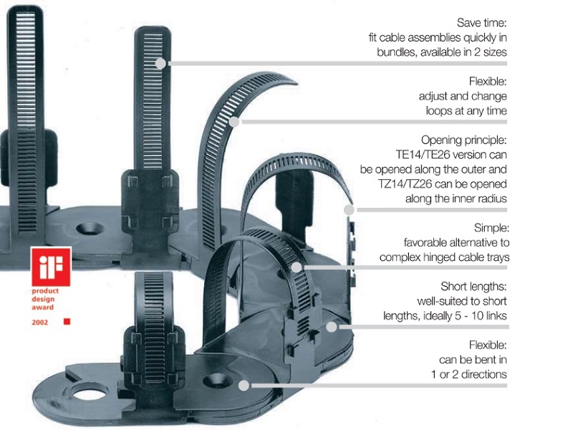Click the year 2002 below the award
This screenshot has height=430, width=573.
pos(40,322)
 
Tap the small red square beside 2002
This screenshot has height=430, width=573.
pos(67,322)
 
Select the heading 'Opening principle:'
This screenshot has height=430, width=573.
pos(463,140)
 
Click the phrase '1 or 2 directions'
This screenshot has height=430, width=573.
pos(469,374)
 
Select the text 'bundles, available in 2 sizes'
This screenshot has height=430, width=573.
pos(442,52)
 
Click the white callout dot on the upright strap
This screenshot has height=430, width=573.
pos(160,63)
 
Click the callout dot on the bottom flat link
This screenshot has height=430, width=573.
pos(244,385)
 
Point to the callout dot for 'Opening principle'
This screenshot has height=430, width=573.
pos(349,210)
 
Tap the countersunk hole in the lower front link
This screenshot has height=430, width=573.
pos(214,378)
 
